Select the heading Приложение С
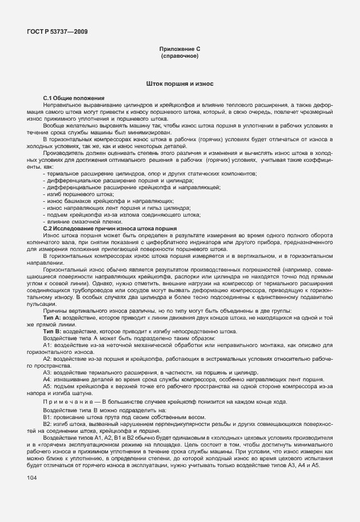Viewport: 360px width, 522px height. coord(179,50)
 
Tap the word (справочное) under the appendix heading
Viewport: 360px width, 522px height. coord(179,57)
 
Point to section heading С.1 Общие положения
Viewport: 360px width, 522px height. coord(73,99)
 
